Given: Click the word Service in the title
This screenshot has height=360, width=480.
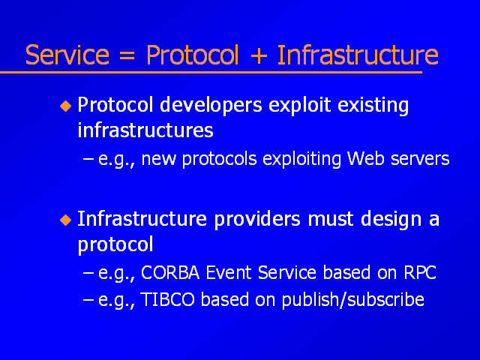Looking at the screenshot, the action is pos(67,55).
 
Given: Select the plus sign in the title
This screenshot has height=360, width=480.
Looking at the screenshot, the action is pos(259,55).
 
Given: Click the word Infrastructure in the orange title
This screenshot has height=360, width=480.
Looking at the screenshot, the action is pos(358,55).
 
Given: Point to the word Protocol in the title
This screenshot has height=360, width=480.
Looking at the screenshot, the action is pos(193,55).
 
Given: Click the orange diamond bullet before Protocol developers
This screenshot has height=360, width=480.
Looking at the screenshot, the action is pos(66,106).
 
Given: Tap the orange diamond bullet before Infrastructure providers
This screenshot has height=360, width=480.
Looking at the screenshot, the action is pos(66,220).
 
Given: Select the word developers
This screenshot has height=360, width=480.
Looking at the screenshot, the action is pos(211,106).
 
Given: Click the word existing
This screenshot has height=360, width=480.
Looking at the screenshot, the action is pos(373,106).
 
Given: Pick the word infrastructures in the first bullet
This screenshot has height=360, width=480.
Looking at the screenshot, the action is pos(145,130).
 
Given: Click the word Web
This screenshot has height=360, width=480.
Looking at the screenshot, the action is pos(365,158).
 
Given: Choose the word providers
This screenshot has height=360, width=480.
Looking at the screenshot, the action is pos(257,220).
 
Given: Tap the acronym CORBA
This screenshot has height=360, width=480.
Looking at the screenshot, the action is pos(170,272).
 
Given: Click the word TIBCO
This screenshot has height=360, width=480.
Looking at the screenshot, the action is pos(167,299).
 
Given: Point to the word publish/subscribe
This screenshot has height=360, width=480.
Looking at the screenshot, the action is pos(353,300).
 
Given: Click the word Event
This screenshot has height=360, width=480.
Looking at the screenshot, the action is pos(228,272).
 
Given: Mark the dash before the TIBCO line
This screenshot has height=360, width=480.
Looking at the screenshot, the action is pos(88,300).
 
